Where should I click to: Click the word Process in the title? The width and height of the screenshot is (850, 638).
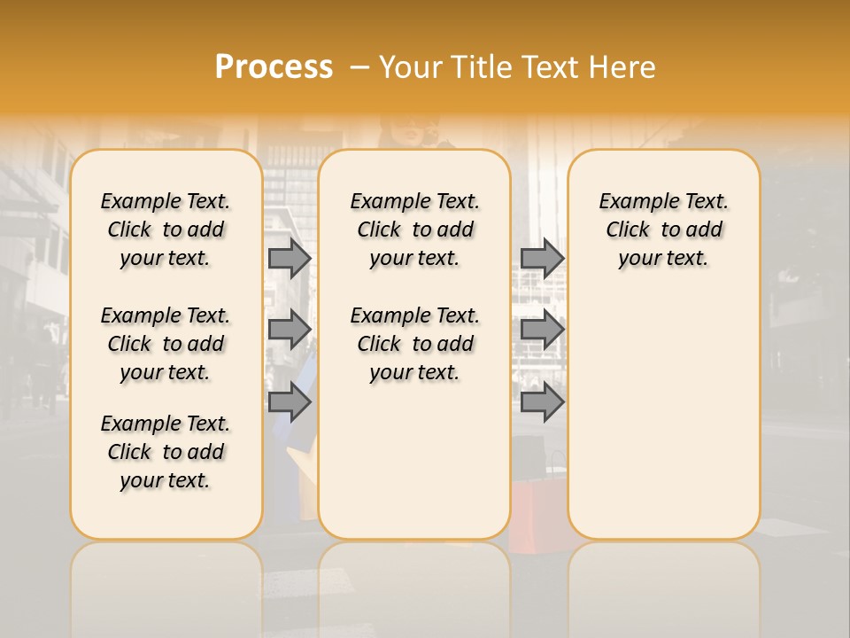coord(274,67)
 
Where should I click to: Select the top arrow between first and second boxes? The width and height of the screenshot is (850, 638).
coord(289,259)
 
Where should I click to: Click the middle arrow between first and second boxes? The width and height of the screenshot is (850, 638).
coord(289,330)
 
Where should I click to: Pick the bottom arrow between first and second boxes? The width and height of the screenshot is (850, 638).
coord(289,402)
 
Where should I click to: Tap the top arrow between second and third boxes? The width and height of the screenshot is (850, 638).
coord(542,259)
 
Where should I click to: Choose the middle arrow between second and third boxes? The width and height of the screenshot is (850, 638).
coord(542,330)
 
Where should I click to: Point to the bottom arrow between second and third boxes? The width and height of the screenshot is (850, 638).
coord(542,402)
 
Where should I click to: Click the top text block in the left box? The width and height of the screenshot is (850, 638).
coord(166,230)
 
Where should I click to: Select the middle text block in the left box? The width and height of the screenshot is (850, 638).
coord(166,344)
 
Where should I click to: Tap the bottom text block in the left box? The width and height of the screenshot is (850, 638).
coord(166,452)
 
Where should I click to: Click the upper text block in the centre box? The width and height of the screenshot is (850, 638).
coord(414,230)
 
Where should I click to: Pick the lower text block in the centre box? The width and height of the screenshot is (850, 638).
coord(414,344)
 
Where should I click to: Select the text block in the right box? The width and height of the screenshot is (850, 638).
coord(663,230)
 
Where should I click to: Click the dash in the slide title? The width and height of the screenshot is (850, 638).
coord(359,68)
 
